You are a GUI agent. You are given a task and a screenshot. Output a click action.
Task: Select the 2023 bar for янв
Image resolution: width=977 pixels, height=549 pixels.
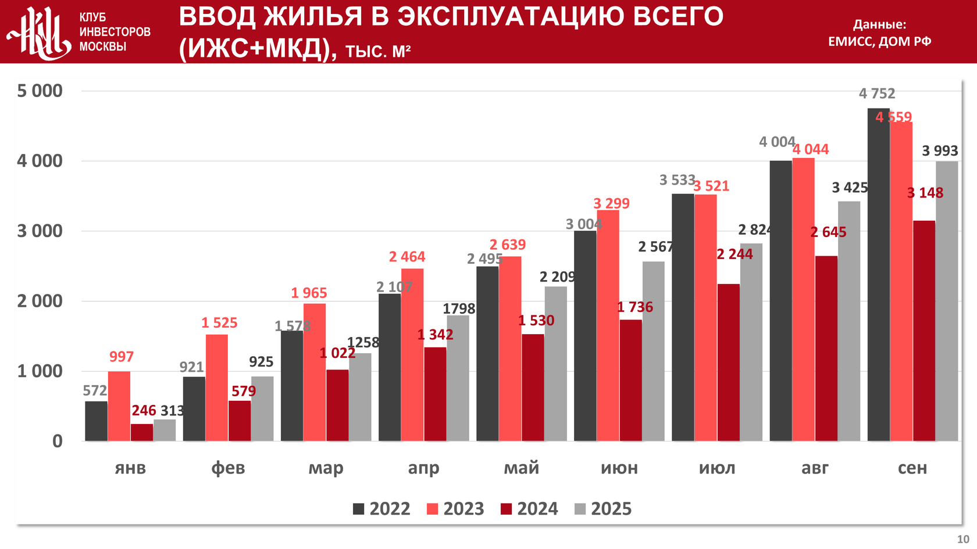point(119,406)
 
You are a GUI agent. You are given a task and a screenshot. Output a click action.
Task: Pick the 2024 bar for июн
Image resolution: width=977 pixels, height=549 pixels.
point(631,380)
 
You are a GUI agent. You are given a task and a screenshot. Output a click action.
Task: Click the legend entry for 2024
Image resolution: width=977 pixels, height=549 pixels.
point(529,509)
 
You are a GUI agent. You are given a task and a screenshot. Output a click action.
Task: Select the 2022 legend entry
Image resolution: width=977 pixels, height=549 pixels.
point(381,509)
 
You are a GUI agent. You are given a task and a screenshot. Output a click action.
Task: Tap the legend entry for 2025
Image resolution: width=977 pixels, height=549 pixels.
point(603,509)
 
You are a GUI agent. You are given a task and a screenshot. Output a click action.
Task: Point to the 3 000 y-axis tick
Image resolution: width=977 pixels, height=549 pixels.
point(40,231)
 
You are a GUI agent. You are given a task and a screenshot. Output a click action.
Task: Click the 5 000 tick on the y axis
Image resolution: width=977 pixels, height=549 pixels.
point(40,91)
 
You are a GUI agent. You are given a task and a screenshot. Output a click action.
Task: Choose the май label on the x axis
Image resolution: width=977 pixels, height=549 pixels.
point(522,468)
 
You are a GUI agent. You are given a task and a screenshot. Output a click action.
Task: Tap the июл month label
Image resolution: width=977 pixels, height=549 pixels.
point(717,468)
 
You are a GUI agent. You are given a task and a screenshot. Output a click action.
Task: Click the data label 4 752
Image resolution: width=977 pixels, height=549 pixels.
point(877,94)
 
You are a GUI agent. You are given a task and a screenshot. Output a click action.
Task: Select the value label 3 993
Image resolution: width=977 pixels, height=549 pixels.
point(940,151)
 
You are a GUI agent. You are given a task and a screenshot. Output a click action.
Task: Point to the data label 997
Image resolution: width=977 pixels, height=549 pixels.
point(122,357)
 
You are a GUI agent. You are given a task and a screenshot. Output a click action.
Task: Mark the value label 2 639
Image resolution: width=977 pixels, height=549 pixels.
point(507,245)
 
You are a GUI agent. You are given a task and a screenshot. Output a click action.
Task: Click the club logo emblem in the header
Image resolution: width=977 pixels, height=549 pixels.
point(40,33)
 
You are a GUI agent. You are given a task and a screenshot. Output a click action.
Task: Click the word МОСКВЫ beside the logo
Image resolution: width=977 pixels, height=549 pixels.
point(103,47)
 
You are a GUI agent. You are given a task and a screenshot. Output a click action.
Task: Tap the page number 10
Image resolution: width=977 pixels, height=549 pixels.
point(963,539)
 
